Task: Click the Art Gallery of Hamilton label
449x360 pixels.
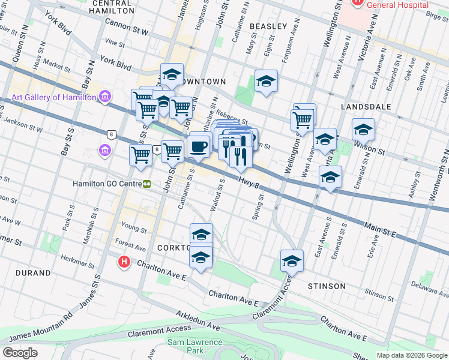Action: coord(53,97)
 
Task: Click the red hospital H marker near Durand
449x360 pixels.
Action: coord(124,262)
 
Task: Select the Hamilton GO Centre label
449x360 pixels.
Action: coord(106,184)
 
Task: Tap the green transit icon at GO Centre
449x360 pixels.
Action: coord(146,184)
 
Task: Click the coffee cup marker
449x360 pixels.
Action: coord(199,145)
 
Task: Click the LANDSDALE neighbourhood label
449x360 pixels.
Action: coord(366,107)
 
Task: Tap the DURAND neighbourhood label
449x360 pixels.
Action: coord(34,273)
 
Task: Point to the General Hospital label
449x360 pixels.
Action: coord(393,5)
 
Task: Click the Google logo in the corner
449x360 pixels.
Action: coord(20,352)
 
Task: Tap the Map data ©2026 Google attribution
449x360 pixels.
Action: coord(412,355)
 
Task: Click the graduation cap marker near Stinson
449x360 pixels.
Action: coord(292,262)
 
